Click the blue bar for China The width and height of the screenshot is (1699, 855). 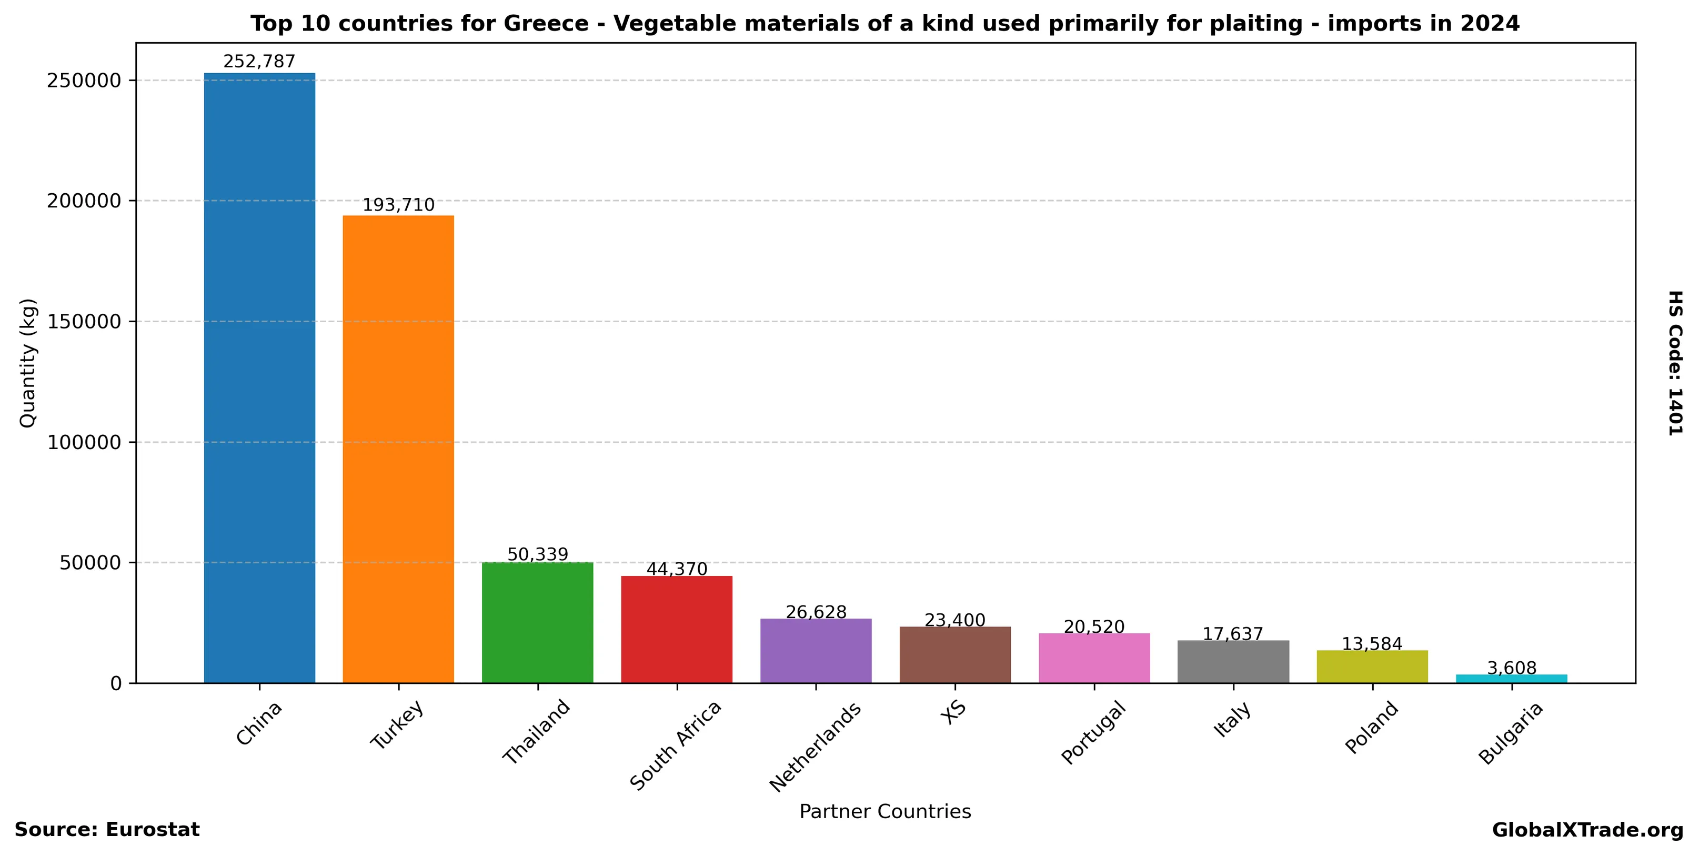tap(259, 377)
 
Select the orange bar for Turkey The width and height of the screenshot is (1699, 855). tap(398, 449)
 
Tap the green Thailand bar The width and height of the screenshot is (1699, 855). tap(538, 622)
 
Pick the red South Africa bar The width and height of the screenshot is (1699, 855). tap(677, 629)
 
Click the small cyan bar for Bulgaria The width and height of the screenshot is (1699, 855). tap(1511, 679)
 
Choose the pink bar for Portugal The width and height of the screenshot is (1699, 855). tap(1094, 658)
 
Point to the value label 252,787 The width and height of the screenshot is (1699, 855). tap(259, 62)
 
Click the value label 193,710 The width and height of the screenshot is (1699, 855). tap(398, 205)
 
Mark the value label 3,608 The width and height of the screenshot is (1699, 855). tap(1511, 668)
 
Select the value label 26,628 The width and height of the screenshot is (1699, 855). tap(816, 612)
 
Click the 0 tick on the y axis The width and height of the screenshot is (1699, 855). tap(116, 683)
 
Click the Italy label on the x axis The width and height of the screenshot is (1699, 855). tap(1232, 719)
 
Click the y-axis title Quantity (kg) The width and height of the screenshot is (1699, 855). tap(28, 363)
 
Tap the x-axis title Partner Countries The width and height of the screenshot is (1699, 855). tap(885, 811)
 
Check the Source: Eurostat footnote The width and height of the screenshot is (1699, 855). tap(107, 830)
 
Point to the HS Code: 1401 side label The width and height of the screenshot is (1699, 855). tap(1675, 363)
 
